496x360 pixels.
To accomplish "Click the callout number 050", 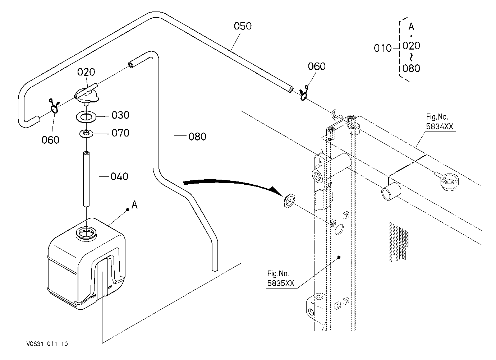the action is pos(243,26).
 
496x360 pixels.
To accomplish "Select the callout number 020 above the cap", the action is pos(86,72).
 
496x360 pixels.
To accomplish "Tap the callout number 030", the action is pos(120,115).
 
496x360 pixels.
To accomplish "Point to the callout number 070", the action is pos(120,133).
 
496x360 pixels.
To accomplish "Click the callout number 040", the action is pos(119,176).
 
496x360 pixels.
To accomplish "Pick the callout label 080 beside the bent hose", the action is pos(197,137).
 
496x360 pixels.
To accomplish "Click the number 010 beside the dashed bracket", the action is pos(383,48).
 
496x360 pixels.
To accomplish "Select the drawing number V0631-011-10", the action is pos(47,344).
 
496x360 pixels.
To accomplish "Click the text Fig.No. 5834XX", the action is pos(440,121).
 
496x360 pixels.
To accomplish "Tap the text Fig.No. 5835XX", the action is pos(281,278).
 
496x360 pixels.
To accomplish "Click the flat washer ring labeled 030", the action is pos(86,117).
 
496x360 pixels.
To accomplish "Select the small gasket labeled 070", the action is pos(86,134).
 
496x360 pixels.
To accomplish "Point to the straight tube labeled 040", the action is pos(86,179).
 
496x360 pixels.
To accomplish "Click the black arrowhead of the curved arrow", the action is pos(276,191).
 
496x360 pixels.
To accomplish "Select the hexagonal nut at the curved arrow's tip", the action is pos(289,200).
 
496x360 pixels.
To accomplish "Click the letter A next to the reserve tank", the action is pos(134,205).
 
